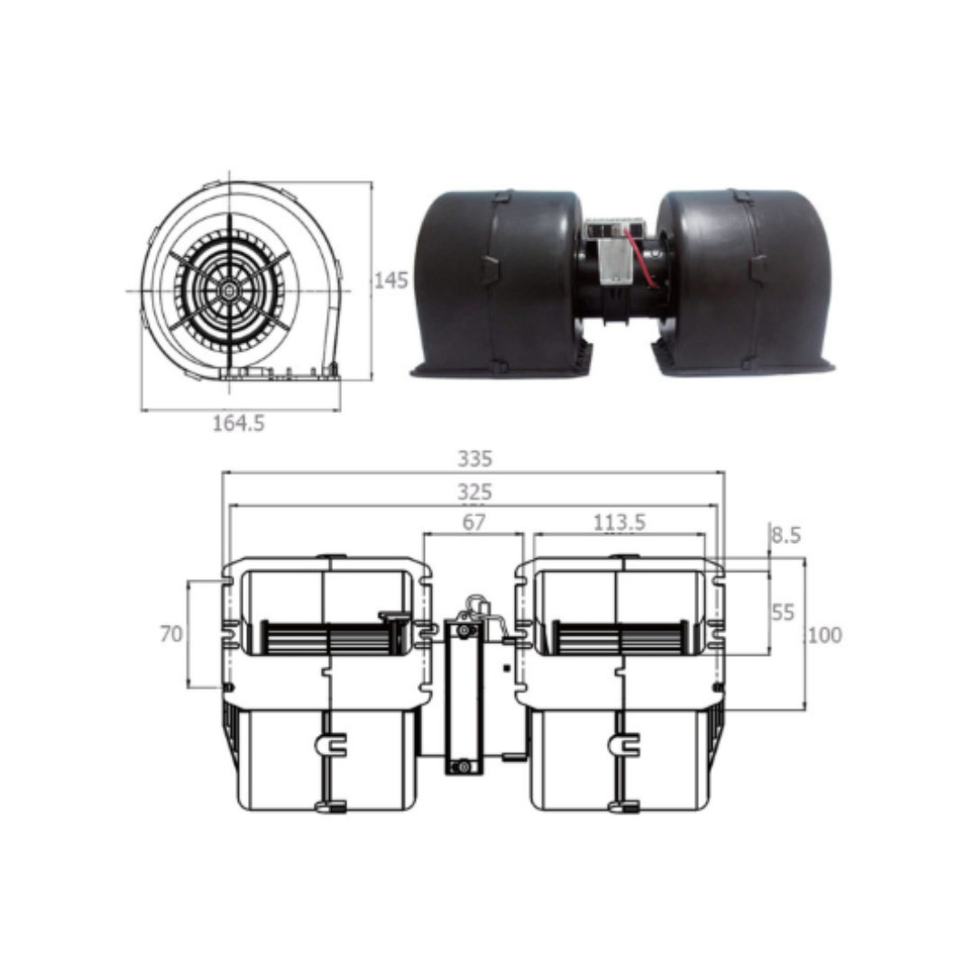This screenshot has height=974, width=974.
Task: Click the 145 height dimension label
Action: pyautogui.click(x=391, y=280)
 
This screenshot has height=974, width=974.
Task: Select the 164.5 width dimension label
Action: pyautogui.click(x=238, y=424)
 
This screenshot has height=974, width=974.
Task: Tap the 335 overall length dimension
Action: pyautogui.click(x=474, y=458)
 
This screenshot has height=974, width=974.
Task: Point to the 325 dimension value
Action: pyautogui.click(x=474, y=492)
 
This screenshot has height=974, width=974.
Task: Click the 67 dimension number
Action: pyautogui.click(x=473, y=522)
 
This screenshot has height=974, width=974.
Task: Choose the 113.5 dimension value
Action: pyautogui.click(x=619, y=522)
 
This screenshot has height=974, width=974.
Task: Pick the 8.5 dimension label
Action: pyautogui.click(x=786, y=535)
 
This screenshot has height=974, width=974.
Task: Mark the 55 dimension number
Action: pyautogui.click(x=783, y=612)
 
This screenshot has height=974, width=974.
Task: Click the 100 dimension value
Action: pyautogui.click(x=825, y=635)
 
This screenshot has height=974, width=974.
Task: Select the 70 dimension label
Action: pyautogui.click(x=171, y=634)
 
